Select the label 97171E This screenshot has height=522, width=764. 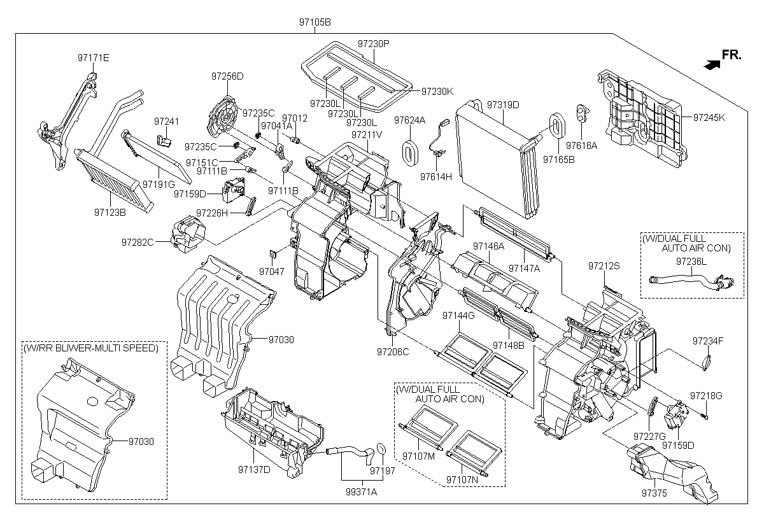(x=93, y=58)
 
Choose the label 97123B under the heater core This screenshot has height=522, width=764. (x=109, y=212)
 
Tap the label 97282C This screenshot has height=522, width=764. (x=138, y=242)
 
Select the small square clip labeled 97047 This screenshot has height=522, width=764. (x=272, y=255)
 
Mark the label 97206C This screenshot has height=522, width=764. (x=392, y=351)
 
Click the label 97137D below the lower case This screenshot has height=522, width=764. (x=255, y=470)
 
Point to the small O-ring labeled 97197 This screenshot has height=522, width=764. (x=381, y=449)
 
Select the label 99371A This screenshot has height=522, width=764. (x=361, y=491)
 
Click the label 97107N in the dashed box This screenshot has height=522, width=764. (x=462, y=479)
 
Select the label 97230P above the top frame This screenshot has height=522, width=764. (x=373, y=44)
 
